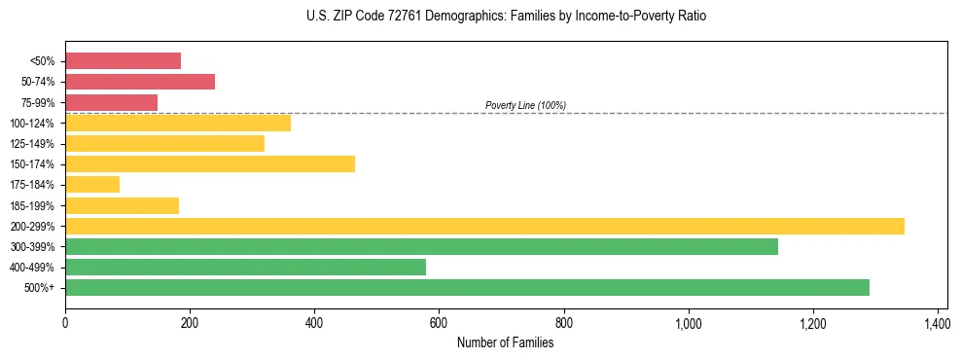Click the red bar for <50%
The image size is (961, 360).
tap(123, 61)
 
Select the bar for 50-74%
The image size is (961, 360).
tap(140, 82)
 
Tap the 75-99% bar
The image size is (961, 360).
tap(111, 102)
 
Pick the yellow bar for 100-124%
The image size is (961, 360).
tap(178, 123)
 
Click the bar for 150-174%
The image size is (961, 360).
tap(210, 163)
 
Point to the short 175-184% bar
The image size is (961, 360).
tap(92, 184)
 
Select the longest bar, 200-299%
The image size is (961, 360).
tap(484, 226)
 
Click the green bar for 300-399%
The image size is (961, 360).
tap(421, 246)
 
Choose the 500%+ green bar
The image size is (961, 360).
tap(467, 287)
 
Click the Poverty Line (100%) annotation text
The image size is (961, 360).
tap(525, 105)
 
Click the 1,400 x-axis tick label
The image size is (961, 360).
tap(937, 322)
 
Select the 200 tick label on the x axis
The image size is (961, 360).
tap(190, 322)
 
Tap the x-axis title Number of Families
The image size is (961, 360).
tap(505, 342)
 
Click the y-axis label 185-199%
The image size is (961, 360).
tap(32, 205)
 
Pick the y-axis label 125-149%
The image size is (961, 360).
tap(32, 144)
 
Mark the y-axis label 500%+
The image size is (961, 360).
tap(40, 288)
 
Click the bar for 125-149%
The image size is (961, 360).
tap(164, 143)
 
